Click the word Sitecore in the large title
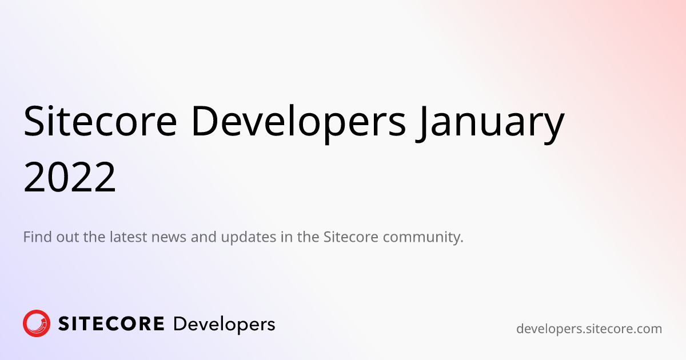tap(100, 121)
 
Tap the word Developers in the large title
tap(299, 123)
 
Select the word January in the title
tap(490, 125)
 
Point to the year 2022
tap(70, 177)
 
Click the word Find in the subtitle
tap(37, 237)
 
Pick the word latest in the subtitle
tap(128, 237)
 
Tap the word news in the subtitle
tap(169, 238)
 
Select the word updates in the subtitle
tap(249, 238)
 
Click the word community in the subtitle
tap(421, 238)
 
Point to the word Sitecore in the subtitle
tap(351, 237)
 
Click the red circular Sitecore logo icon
tap(37, 323)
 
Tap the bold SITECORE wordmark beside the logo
tap(111, 323)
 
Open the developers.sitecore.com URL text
tap(589, 329)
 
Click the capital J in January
tap(421, 123)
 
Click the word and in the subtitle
tap(204, 237)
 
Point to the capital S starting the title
tap(33, 121)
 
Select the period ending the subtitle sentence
tap(461, 242)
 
